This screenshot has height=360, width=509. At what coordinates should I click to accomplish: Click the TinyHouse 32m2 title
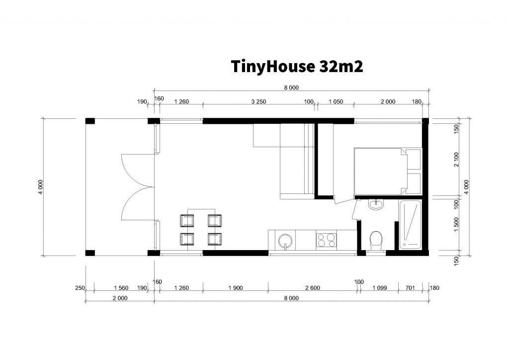click(x=297, y=67)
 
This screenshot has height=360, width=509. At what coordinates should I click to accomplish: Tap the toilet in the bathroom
click(x=376, y=242)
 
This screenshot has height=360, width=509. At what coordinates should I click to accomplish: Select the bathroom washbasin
click(x=376, y=204)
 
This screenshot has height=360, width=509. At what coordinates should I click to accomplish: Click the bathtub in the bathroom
click(x=410, y=225)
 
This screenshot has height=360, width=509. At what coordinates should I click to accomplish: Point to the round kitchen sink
click(x=285, y=241)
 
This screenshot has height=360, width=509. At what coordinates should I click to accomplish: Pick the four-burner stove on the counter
click(x=326, y=240)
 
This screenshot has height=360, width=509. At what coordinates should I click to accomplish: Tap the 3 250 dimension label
click(x=258, y=101)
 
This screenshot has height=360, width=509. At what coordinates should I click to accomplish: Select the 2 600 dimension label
click(x=313, y=288)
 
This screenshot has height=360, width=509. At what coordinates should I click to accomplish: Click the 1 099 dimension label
click(x=379, y=288)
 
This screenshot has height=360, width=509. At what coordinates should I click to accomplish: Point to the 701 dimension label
click(x=410, y=288)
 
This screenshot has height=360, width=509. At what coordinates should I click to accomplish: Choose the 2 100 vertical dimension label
click(x=457, y=160)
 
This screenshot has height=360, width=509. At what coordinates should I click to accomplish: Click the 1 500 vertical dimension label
click(x=457, y=225)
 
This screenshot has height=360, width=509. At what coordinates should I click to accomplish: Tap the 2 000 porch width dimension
click(x=120, y=298)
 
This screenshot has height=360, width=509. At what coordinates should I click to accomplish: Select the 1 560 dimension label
click(x=121, y=288)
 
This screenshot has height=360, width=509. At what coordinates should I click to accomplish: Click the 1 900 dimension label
click(x=236, y=288)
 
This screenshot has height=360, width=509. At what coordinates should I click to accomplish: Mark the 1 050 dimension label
click(x=336, y=101)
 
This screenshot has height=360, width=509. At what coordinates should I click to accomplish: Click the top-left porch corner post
click(x=90, y=121)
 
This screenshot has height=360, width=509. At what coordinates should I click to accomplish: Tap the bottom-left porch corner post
click(x=90, y=253)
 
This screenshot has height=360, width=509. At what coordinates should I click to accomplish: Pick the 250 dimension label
click(x=80, y=288)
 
